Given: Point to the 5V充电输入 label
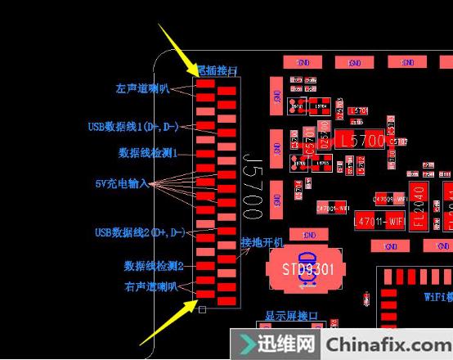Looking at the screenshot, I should click(x=121, y=183).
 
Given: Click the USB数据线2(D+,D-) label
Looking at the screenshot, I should click(x=139, y=233).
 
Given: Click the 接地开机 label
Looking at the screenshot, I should click(x=262, y=243).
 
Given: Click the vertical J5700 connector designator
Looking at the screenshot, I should click(x=252, y=184).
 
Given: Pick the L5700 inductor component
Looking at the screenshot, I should click(x=361, y=141).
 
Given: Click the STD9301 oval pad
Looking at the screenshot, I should click(x=303, y=268).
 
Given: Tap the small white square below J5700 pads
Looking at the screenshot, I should click(x=203, y=309).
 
